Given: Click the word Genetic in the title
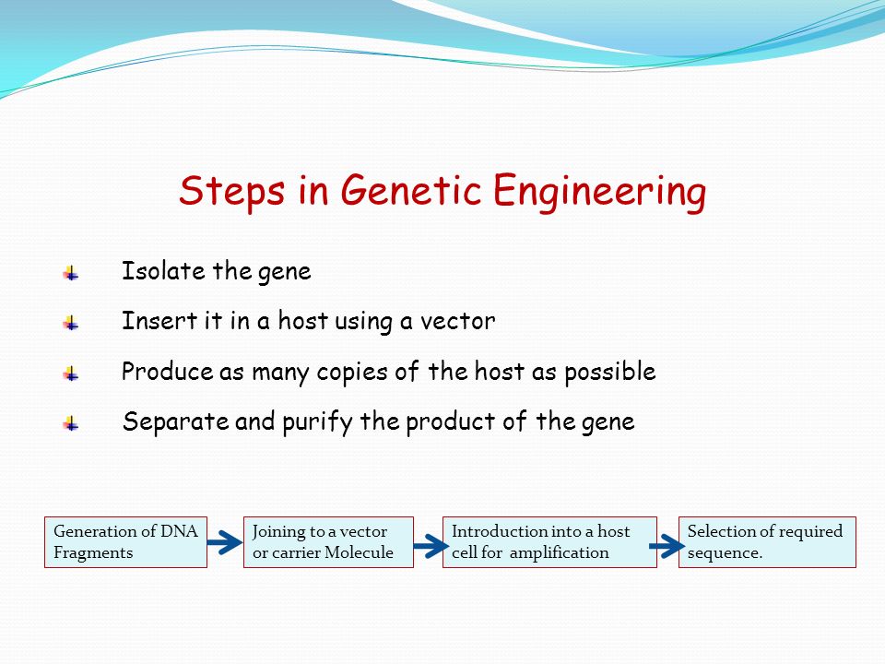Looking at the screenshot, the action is (x=411, y=190).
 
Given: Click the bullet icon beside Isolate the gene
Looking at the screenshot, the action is (x=71, y=273).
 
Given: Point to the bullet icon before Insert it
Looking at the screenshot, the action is (x=71, y=323).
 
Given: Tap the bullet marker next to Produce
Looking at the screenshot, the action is (x=71, y=373).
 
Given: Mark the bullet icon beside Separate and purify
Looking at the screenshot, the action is (x=71, y=423).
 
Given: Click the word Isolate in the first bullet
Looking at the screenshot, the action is (x=163, y=271).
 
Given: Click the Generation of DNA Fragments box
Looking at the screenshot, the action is (x=126, y=542).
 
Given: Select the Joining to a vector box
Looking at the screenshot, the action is (x=328, y=542).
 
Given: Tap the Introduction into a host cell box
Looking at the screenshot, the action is (x=549, y=542).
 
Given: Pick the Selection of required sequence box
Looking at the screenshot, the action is (x=768, y=542).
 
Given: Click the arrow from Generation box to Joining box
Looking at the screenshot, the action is (x=225, y=542).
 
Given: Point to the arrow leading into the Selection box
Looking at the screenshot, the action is (x=667, y=546).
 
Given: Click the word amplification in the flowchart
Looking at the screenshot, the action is (x=559, y=552).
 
